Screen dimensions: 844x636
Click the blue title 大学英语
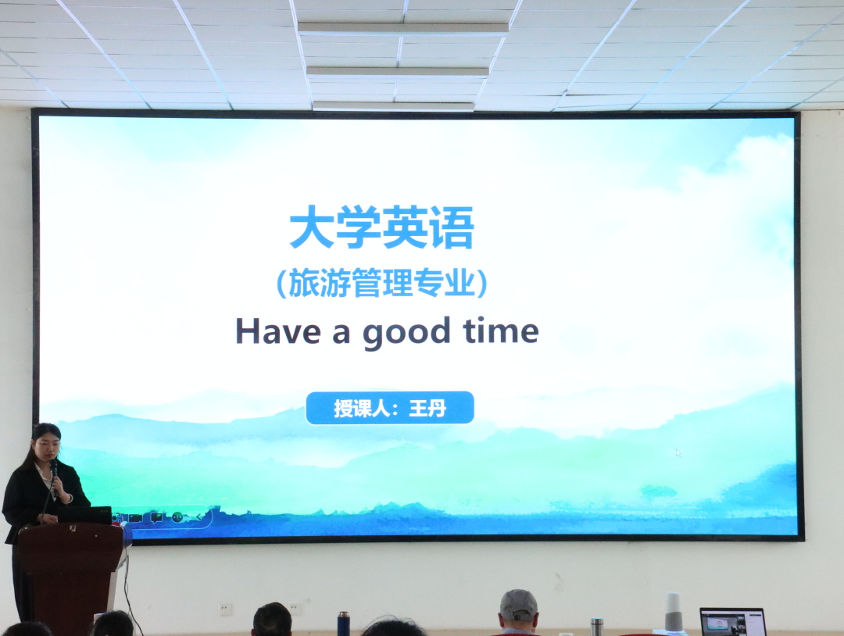(x=381, y=227)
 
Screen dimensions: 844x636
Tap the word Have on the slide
(x=277, y=331)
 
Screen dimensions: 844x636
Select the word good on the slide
(x=406, y=333)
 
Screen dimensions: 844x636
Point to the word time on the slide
(x=501, y=331)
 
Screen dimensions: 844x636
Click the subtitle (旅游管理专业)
(x=381, y=283)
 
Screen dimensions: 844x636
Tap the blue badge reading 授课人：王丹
(x=390, y=408)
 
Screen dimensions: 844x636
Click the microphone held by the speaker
(x=53, y=474)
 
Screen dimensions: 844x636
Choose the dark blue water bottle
(x=343, y=623)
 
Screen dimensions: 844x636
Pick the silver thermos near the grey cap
(x=596, y=627)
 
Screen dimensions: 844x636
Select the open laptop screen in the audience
(x=732, y=622)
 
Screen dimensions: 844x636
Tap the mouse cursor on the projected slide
(x=678, y=453)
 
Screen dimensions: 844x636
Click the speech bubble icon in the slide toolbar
(x=156, y=518)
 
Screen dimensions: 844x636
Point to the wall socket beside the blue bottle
(x=295, y=609)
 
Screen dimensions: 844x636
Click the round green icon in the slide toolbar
(x=177, y=517)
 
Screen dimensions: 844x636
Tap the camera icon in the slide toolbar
(x=135, y=518)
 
